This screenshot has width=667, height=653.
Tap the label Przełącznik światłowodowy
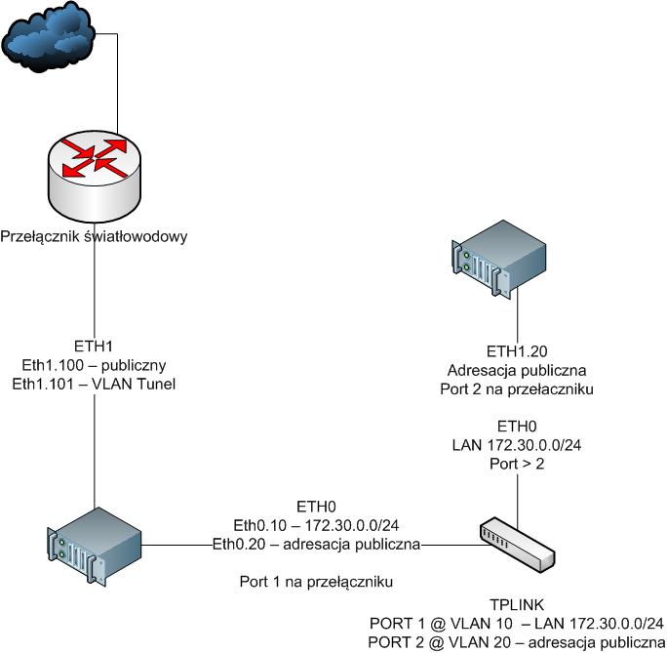(94, 236)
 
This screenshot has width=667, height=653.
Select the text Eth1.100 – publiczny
(94, 363)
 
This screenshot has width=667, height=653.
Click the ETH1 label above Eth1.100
(94, 346)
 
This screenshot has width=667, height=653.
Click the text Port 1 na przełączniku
(316, 581)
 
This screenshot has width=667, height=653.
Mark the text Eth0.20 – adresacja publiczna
(316, 543)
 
